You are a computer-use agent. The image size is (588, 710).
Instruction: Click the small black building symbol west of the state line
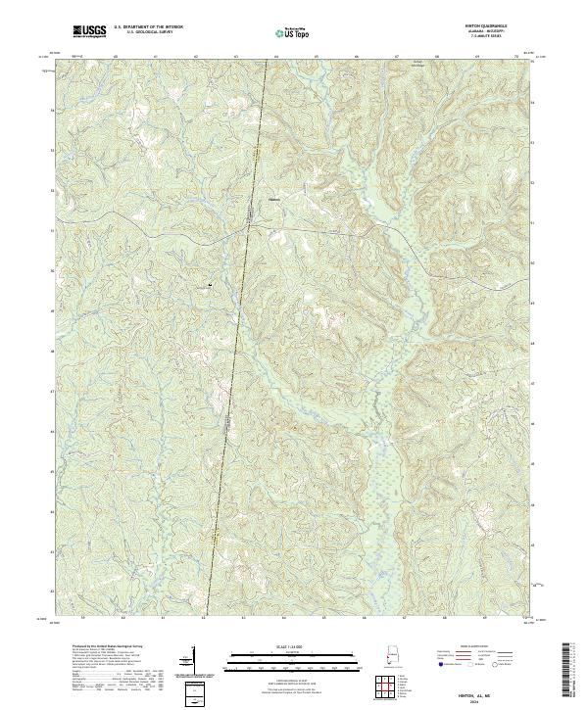pyautogui.click(x=210, y=285)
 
